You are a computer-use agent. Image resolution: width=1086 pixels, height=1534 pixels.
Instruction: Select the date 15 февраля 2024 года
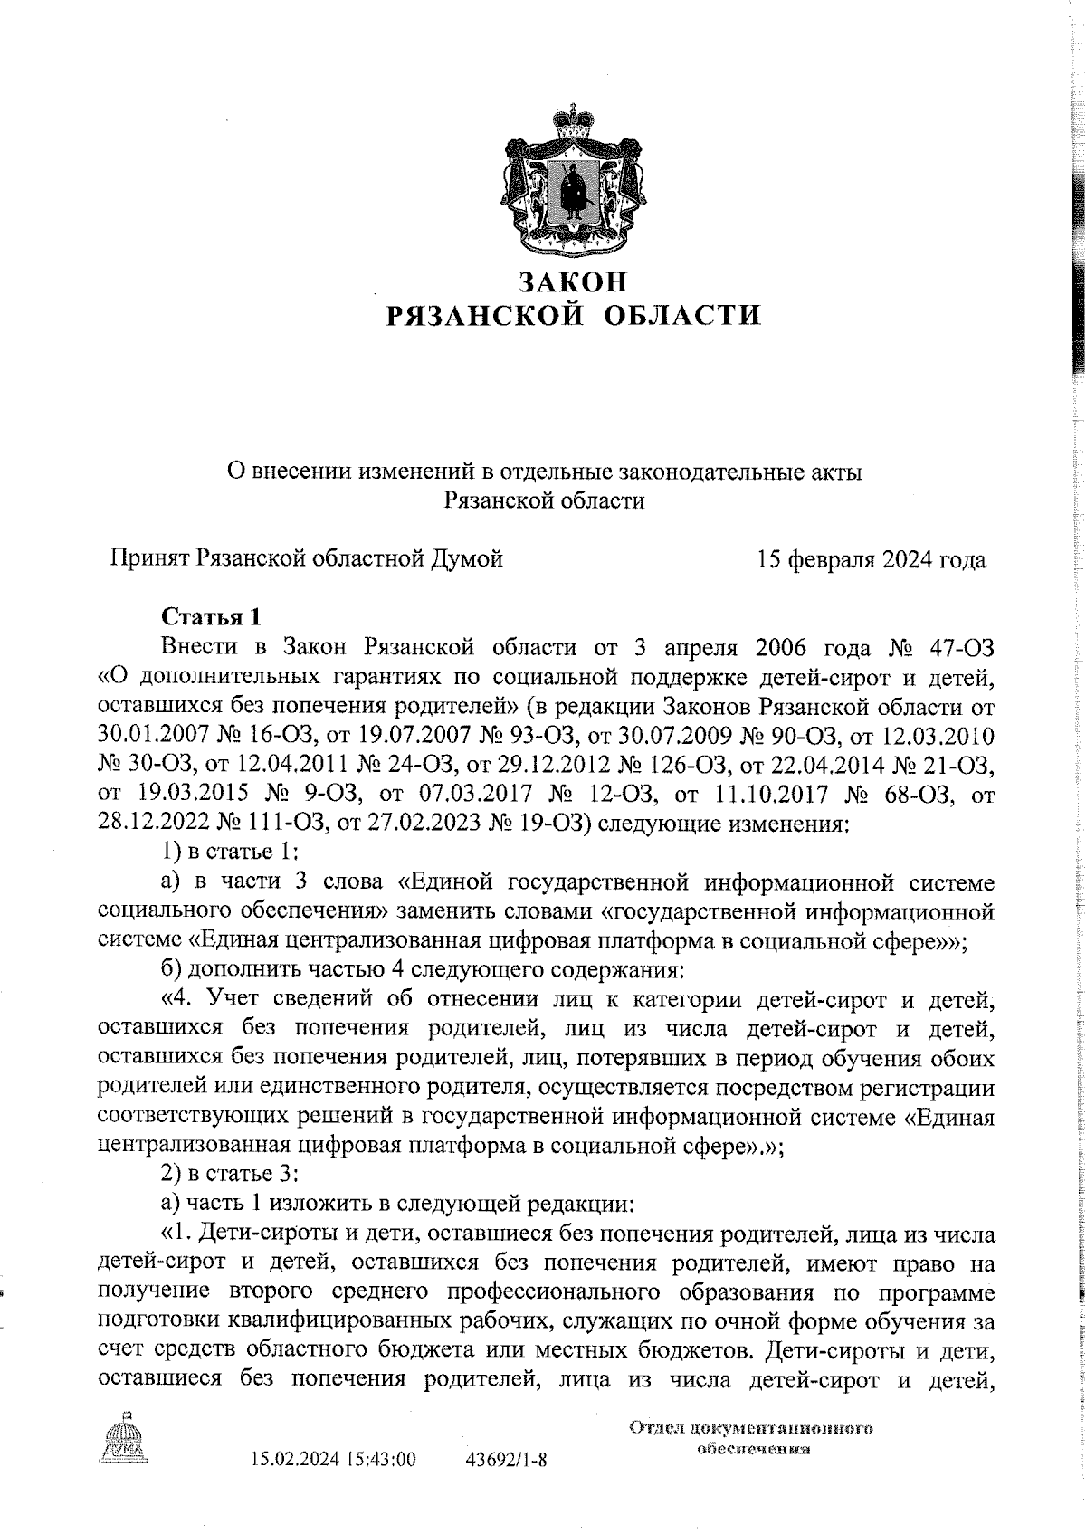[872, 559]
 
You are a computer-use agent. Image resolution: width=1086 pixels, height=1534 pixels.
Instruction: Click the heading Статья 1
[211, 617]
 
